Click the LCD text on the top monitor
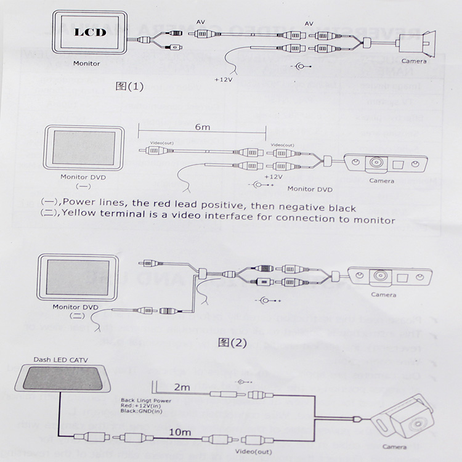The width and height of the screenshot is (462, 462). pos(91,31)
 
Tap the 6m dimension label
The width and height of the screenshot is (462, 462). pos(202,127)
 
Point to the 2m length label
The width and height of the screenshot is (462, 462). pos(183,387)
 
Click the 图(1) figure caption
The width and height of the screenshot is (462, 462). pos(129,86)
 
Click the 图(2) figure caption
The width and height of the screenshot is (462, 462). pos(232,342)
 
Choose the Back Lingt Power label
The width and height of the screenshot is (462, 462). pos(147,400)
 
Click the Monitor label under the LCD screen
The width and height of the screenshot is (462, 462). pos(86,63)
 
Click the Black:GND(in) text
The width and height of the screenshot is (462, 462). pos(144,413)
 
